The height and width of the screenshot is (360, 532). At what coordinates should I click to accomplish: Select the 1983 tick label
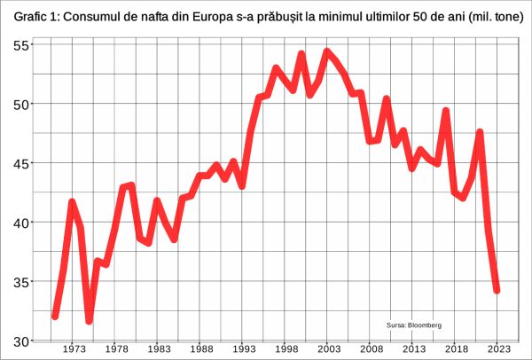158,349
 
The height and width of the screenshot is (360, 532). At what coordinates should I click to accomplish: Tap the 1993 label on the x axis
243,349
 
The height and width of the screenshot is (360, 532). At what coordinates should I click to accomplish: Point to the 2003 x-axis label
328,349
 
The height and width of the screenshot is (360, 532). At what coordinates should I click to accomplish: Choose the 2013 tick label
413,349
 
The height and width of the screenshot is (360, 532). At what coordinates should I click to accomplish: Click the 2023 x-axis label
498,349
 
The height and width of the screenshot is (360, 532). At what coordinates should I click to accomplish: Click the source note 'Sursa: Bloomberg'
414,325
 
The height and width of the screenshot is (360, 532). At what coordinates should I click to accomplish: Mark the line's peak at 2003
327,51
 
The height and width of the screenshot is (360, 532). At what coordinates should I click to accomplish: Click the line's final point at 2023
497,290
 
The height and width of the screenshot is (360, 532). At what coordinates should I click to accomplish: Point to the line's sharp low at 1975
90,320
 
